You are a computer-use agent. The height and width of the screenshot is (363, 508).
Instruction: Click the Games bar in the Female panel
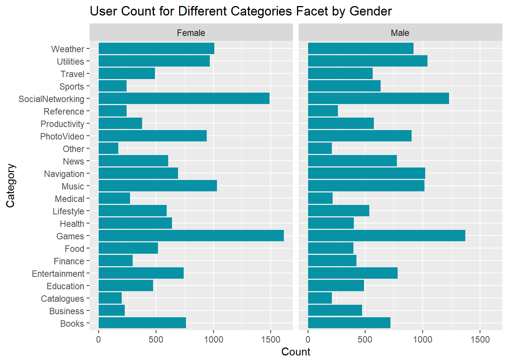pos(191,236)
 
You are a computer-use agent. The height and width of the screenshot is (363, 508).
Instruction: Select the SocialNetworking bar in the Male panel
pos(378,98)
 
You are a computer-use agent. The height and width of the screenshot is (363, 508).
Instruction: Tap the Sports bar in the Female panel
pos(113,86)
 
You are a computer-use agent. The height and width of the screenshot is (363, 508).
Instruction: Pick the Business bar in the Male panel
pos(335,310)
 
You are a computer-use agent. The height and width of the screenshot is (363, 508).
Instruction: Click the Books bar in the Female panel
pos(142,323)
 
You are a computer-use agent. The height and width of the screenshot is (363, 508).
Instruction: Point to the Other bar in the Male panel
pos(320,148)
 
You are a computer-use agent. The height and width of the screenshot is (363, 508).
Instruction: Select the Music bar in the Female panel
pos(158,186)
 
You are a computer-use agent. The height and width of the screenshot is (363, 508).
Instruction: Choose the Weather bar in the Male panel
pos(361,48)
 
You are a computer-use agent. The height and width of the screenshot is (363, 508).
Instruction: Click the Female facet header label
pos(191,33)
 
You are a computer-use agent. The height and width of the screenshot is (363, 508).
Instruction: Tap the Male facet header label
pos(400,33)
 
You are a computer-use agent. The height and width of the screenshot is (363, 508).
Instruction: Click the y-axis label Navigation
pos(64,174)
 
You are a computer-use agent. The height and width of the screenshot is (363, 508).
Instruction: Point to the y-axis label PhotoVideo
pos(62,137)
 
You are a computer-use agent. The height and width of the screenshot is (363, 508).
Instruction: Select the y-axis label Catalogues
pos(62,299)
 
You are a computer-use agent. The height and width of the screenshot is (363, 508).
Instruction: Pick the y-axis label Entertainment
pos(58,274)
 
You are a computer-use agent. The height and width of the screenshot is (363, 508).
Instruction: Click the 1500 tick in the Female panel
pos(271,340)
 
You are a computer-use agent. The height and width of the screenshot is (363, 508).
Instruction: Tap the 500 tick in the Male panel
pos(365,340)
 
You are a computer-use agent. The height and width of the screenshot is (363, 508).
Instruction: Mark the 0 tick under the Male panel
pos(308,340)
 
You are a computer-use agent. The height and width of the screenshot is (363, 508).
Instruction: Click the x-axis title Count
pos(296,352)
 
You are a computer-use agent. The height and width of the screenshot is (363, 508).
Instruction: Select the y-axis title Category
pos(10,185)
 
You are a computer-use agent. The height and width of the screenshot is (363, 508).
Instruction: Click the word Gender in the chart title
pos(370,11)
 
